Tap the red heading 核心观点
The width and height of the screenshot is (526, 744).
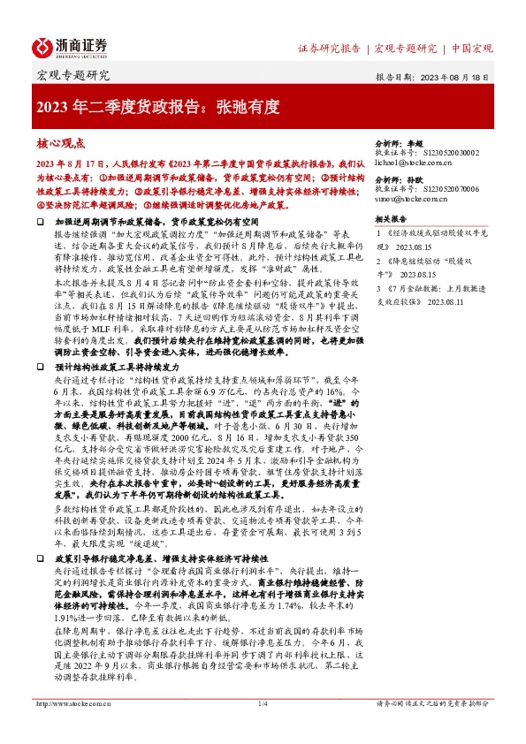[61, 142]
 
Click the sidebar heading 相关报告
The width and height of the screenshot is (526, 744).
[391, 218]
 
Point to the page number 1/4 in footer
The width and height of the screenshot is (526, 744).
[262, 727]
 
